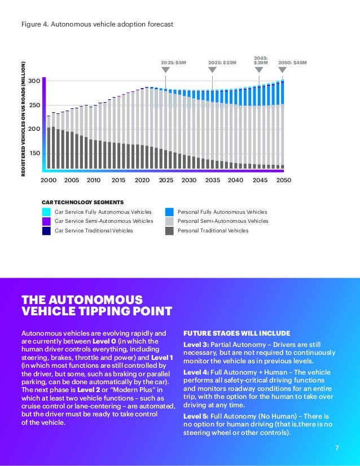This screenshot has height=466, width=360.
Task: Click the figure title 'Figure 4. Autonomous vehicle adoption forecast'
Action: pyautogui.click(x=96, y=24)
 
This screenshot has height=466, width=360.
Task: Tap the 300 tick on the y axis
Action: pyautogui.click(x=33, y=82)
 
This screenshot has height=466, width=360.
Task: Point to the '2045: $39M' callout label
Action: pyautogui.click(x=261, y=60)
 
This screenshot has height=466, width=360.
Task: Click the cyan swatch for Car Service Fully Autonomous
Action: pyautogui.click(x=47, y=212)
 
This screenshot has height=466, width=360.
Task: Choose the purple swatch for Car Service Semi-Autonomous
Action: pyautogui.click(x=47, y=221)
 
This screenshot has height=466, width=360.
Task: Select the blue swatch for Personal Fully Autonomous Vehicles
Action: pyautogui.click(x=169, y=212)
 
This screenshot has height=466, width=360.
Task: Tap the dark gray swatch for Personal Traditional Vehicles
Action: pyautogui.click(x=169, y=231)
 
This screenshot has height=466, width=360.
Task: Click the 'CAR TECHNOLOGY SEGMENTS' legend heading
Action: pyautogui.click(x=82, y=202)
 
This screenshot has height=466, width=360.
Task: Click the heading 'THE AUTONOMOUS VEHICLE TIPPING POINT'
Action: pyautogui.click(x=96, y=305)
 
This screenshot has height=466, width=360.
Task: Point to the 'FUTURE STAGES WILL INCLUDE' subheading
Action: pyautogui.click(x=237, y=332)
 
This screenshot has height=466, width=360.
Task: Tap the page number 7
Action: pyautogui.click(x=337, y=448)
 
